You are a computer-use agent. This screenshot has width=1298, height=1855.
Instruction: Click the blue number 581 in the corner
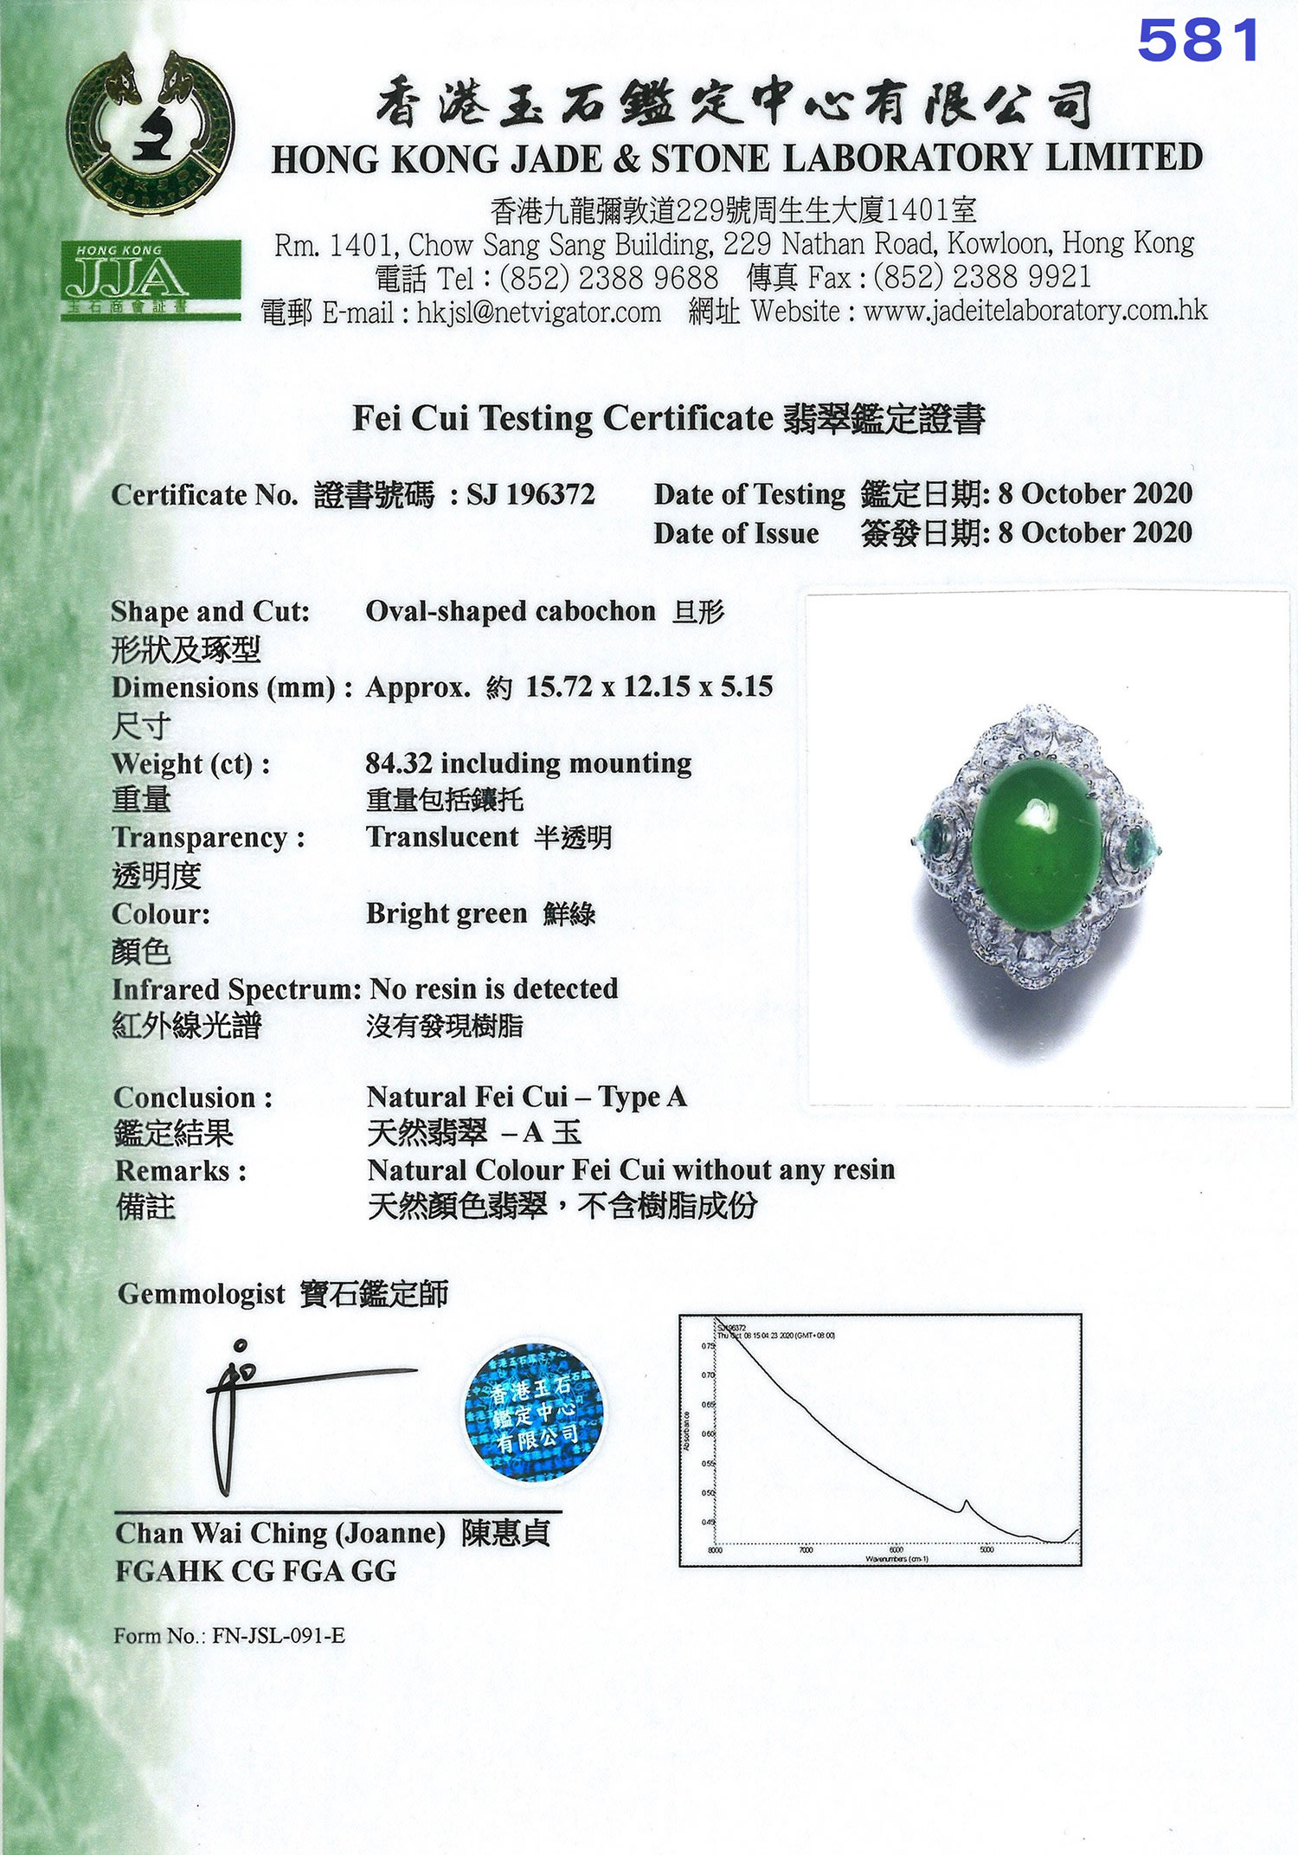(1198, 41)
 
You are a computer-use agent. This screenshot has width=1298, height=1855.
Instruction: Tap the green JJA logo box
(151, 279)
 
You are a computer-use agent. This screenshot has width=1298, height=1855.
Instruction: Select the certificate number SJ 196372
(530, 494)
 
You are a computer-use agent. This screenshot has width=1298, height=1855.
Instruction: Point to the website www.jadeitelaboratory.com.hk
(1035, 311)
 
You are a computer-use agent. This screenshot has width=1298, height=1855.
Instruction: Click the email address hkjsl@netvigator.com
(538, 312)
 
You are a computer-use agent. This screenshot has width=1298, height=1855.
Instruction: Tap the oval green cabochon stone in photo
(1036, 843)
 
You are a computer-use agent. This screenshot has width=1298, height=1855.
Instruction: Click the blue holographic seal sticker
(534, 1411)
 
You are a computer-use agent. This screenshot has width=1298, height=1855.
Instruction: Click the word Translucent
(442, 837)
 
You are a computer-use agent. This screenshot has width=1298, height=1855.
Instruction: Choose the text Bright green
(447, 913)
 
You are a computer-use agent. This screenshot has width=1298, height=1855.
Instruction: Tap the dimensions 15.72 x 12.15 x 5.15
(649, 687)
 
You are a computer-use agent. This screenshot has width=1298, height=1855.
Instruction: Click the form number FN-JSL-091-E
(279, 1635)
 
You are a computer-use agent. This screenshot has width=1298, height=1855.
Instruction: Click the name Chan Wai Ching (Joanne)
(280, 1533)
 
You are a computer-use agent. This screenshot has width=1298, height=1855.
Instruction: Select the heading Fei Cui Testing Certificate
(562, 419)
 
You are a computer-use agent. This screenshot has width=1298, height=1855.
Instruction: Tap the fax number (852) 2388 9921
(982, 278)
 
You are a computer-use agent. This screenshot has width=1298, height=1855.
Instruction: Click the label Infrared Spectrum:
(236, 989)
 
